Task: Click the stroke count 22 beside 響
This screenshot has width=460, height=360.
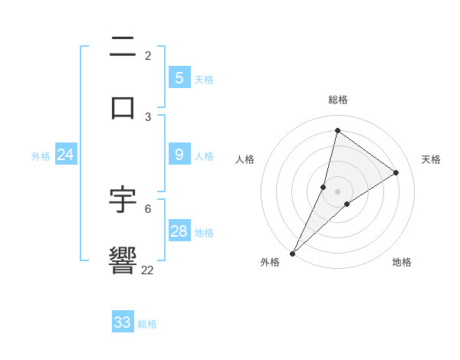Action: (x=148, y=270)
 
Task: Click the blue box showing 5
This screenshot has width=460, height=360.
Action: (x=179, y=77)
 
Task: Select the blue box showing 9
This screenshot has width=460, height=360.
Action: (x=179, y=155)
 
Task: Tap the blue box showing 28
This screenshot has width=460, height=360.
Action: (x=179, y=231)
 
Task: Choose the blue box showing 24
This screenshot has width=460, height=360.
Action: (x=65, y=155)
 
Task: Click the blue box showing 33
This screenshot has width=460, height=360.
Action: (x=122, y=322)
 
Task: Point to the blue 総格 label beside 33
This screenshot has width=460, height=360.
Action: (x=147, y=324)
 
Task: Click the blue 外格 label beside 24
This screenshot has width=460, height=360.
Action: (x=41, y=155)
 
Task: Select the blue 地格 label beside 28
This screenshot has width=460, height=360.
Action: (x=204, y=232)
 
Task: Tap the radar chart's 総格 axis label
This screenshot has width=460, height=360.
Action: (x=337, y=100)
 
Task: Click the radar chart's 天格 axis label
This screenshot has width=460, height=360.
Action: (x=431, y=159)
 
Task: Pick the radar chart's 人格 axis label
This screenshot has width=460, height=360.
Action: (x=245, y=159)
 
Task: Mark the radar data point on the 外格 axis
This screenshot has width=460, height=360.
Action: (x=292, y=253)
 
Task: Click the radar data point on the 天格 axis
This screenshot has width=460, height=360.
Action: (x=396, y=172)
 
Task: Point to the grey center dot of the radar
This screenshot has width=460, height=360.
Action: (x=337, y=191)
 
